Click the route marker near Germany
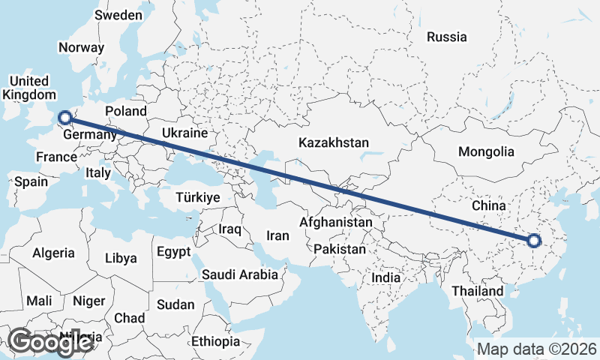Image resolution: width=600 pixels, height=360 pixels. coord(65,117)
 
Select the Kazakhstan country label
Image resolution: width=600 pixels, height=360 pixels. coord(334,142)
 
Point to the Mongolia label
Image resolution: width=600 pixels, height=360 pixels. coord(486,151)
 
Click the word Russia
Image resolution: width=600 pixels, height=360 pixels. coord(446,37)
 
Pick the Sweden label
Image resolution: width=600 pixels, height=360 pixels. coord(118,15)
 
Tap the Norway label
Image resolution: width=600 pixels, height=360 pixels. coord(81,46)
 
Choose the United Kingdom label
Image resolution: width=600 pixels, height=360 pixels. coord(29,88)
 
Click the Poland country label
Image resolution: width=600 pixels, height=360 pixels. coord(126,111)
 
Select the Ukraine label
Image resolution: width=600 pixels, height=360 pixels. coord(184,133)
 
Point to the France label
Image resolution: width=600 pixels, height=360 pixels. coord(56,157)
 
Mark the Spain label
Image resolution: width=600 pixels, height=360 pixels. coord(31,181)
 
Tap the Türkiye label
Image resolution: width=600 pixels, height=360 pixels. coord(197,198)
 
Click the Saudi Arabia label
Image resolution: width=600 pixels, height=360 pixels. coord(239,274)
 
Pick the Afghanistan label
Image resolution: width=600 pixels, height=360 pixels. coord(335,223)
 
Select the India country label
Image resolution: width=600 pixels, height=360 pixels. coord(386,277)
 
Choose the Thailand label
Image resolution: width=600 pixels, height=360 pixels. coord(478,290)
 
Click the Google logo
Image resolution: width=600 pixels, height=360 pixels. coord(49,342)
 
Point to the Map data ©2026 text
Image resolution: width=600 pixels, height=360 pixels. coord(537,349)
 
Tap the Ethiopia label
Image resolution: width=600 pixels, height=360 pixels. coord(215,341)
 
